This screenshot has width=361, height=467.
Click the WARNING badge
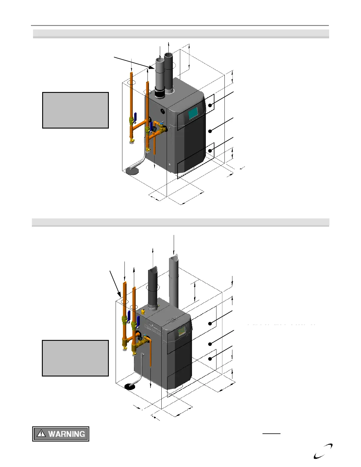[60, 434]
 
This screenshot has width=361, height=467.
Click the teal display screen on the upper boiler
[193, 113]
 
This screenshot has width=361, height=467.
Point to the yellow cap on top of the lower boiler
[143, 311]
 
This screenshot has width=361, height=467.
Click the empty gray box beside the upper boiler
[76, 110]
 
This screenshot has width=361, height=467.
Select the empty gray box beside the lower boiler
[76, 358]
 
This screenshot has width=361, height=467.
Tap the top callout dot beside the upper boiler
[210, 105]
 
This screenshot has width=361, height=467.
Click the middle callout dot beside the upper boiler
[210, 131]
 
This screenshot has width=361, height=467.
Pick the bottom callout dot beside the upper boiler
[210, 151]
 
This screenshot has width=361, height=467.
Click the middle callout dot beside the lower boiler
[210, 344]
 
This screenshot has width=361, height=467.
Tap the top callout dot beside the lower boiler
[210, 323]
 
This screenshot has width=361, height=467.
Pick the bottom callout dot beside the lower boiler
[210, 359]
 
